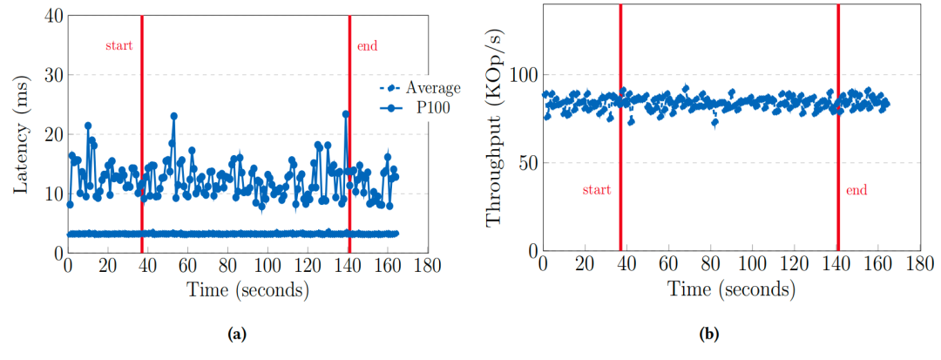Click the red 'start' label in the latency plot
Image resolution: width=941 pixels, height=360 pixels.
(x=118, y=44)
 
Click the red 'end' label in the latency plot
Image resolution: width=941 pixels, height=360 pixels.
(x=368, y=44)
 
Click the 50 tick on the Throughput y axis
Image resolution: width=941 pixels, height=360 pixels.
(x=524, y=163)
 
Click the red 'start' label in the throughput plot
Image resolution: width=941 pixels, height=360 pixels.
(x=596, y=189)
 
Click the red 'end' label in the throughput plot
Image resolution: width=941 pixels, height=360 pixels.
(x=856, y=189)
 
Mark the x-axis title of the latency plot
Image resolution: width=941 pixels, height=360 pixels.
(x=247, y=290)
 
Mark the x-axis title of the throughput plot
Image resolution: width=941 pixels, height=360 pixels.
(x=730, y=290)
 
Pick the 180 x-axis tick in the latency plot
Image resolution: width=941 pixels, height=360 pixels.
(x=426, y=265)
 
